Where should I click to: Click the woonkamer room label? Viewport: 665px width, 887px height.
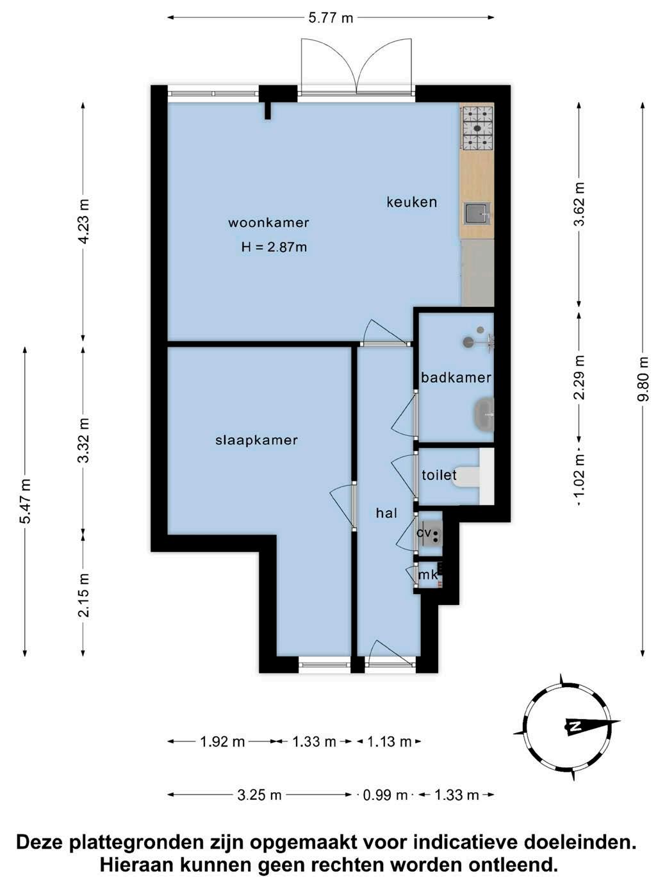(268, 222)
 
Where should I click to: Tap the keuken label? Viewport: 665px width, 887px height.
(412, 202)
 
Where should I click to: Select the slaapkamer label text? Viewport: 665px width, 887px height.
(257, 440)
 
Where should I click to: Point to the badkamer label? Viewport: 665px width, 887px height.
(456, 378)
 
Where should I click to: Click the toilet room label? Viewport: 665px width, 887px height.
(439, 474)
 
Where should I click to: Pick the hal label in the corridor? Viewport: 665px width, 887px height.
(386, 513)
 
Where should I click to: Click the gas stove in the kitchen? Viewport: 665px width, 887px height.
(478, 128)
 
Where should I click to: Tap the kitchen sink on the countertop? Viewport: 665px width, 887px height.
(477, 213)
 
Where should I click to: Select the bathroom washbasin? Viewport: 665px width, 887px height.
(484, 414)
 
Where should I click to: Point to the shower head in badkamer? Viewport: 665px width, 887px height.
(469, 342)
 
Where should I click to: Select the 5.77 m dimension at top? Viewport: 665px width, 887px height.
(331, 18)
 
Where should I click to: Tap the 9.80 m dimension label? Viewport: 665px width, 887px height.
(643, 378)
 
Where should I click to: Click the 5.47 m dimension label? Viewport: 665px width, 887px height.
(25, 501)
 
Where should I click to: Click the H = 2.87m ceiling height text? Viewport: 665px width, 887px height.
(274, 247)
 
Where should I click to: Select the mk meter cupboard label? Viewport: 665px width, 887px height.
(428, 575)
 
